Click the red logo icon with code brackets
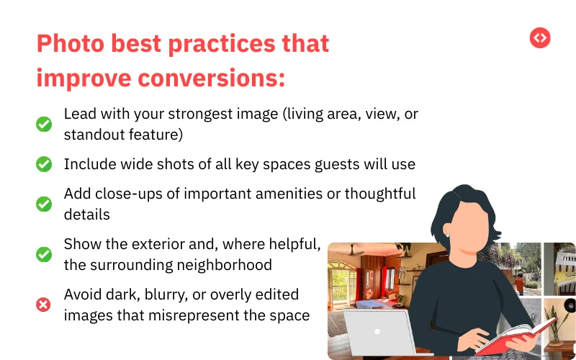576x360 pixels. click(540, 37)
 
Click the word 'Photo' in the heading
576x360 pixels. click(69, 44)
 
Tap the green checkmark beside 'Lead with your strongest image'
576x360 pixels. click(44, 125)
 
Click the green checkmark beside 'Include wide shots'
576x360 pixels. click(44, 164)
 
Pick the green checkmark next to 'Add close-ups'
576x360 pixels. click(44, 204)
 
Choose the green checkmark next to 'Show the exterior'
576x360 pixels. click(44, 254)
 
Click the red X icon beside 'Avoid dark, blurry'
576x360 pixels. click(44, 305)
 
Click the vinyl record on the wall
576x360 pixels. click(570, 305)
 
